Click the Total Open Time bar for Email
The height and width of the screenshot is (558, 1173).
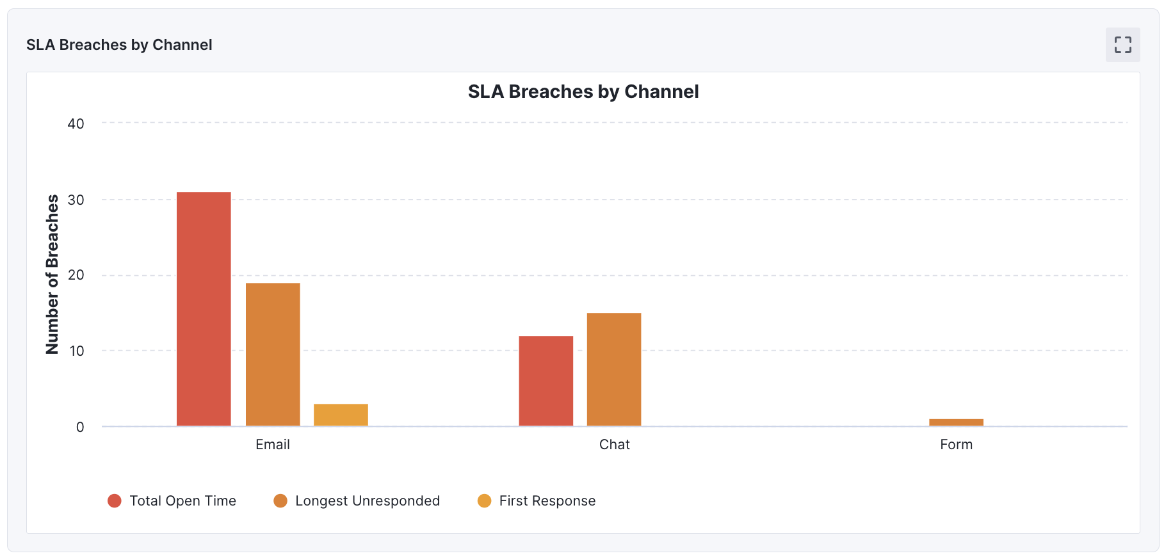pos(204,309)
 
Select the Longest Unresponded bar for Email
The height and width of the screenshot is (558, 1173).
pos(273,355)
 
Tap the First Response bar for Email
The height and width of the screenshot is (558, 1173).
pos(341,415)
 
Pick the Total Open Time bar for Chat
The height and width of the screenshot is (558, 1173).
pos(546,381)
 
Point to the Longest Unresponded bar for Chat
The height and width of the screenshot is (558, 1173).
pos(613,369)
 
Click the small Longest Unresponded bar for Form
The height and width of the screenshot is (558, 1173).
pos(956,422)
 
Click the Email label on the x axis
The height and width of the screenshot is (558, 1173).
pos(273,445)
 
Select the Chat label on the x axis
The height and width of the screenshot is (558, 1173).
pos(614,445)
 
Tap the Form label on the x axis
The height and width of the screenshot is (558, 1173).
pos(956,445)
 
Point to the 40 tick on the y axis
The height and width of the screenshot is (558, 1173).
pos(76,124)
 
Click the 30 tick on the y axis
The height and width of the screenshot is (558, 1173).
pos(76,200)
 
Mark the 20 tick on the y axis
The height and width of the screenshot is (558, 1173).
pos(76,275)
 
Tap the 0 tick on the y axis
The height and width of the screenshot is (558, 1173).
pos(80,427)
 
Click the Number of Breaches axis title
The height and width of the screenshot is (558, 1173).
pos(52,275)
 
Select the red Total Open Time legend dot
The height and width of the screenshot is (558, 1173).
pos(115,501)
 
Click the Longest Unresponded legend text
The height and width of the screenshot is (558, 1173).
pos(368,501)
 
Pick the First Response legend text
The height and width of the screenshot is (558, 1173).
pos(547,501)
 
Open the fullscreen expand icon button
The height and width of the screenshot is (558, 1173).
pos(1122,45)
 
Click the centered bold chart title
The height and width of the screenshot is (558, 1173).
pos(583,92)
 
